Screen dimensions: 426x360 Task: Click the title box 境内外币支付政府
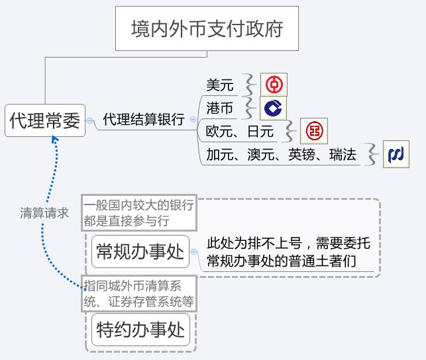point(207,28)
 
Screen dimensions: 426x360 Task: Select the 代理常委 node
point(45,120)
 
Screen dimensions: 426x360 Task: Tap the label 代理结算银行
point(144,119)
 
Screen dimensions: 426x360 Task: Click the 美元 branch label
point(220,85)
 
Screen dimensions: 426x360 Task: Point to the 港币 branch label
point(220,108)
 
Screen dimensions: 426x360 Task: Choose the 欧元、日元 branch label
point(240,131)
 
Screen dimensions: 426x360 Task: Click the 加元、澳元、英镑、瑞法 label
point(281,155)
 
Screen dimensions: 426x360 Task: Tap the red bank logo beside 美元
point(274,85)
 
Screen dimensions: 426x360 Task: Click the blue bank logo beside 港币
point(274,108)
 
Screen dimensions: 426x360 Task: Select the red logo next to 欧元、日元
point(314,131)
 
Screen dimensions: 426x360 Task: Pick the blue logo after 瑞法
point(396,154)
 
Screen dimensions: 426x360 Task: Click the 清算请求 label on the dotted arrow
point(44,213)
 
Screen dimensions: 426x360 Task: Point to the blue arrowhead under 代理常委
point(55,139)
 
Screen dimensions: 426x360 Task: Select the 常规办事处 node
point(140,251)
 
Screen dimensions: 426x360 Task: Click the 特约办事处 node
point(140,330)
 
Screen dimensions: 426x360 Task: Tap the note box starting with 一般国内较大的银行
point(139,213)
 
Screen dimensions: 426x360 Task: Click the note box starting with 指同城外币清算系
point(139,294)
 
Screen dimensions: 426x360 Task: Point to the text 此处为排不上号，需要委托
point(289,243)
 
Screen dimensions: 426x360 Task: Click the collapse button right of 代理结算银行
point(193,119)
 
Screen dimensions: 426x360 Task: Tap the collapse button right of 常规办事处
point(193,251)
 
